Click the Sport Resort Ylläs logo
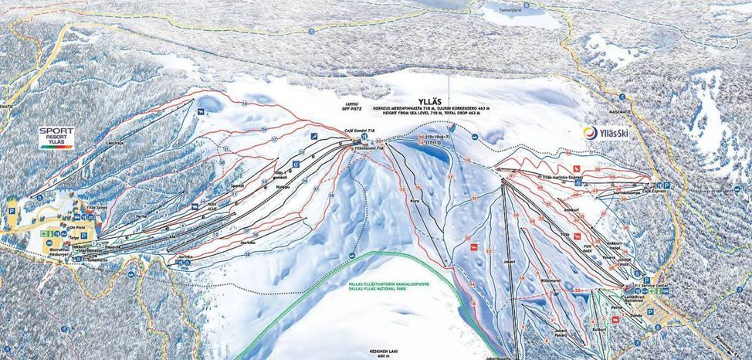pos(56,138)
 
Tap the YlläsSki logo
pos(608,133)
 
